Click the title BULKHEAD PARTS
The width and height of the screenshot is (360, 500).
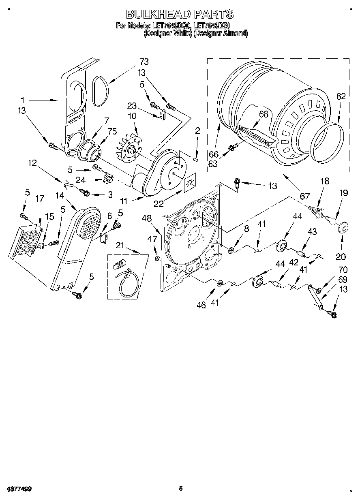click(180, 14)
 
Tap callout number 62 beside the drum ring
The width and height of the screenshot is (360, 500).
click(341, 96)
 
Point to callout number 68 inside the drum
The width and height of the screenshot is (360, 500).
click(264, 114)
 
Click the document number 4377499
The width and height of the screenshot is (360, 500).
click(19, 489)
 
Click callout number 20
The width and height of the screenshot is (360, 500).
click(341, 257)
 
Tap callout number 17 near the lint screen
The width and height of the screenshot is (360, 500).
click(39, 199)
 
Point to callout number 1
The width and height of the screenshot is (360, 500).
click(23, 100)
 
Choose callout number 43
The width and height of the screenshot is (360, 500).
click(312, 231)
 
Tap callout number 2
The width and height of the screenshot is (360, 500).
click(197, 130)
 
